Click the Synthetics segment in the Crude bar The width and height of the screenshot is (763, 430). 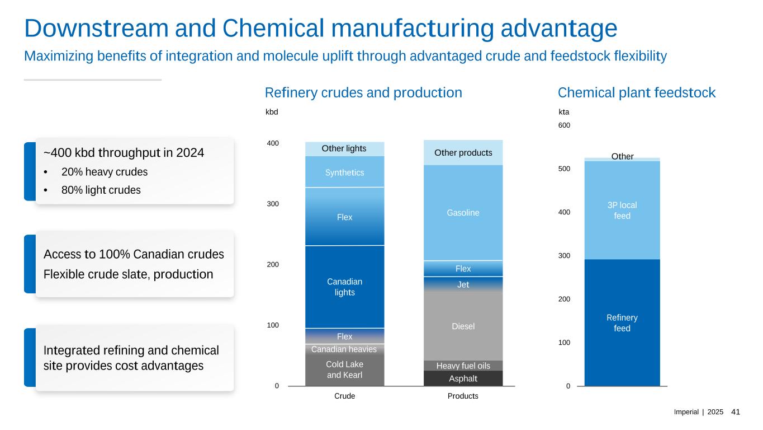[x=344, y=172]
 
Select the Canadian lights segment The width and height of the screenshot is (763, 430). [x=344, y=287]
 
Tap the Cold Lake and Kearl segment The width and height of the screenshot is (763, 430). [x=344, y=370]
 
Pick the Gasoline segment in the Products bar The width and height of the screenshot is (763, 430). [x=463, y=213]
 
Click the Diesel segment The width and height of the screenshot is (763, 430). [x=463, y=326]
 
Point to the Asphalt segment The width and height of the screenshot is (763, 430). [x=463, y=379]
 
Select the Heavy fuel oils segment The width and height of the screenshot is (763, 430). [x=463, y=366]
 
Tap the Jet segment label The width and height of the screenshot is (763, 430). [x=463, y=285]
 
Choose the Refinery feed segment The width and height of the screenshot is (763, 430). [x=622, y=323]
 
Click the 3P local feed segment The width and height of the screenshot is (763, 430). [x=622, y=210]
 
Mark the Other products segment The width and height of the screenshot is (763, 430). [x=463, y=153]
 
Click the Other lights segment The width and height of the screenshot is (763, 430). [x=344, y=149]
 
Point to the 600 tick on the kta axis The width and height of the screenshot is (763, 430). [x=564, y=125]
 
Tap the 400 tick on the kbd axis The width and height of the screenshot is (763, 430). [x=272, y=144]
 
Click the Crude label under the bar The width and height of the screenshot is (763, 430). [x=344, y=396]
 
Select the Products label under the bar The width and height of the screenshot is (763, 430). [x=463, y=396]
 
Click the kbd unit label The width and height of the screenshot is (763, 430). [x=271, y=112]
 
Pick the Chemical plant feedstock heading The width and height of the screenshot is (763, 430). [x=637, y=93]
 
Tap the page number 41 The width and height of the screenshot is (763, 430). [x=736, y=412]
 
